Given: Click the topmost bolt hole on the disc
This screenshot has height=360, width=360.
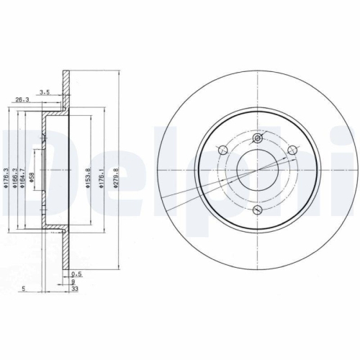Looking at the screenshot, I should (x=257, y=139).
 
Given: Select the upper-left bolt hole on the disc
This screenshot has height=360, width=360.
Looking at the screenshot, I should (x=222, y=150).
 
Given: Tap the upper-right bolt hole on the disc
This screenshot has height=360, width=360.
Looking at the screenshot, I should (x=292, y=150).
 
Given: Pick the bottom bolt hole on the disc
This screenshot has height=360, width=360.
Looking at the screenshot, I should (x=257, y=209).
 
